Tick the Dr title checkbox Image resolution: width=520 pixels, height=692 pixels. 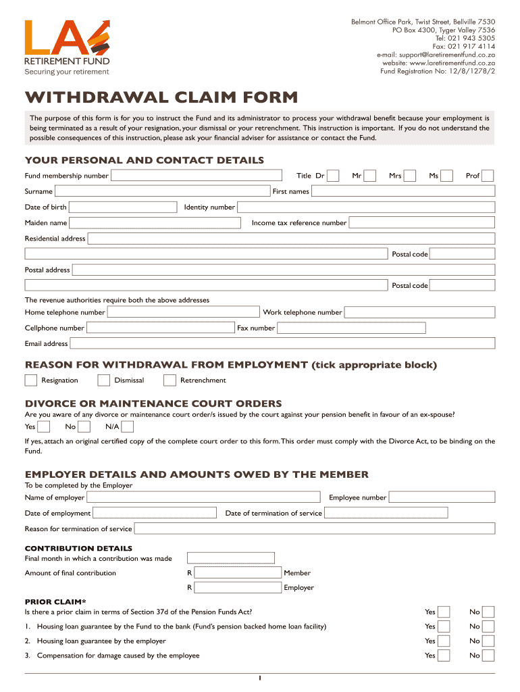(x=332, y=176)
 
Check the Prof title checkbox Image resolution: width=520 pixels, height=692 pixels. (x=487, y=176)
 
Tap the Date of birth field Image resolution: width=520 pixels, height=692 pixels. (x=124, y=207)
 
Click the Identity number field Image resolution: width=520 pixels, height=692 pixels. (x=367, y=207)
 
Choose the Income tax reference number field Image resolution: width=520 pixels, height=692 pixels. (x=422, y=222)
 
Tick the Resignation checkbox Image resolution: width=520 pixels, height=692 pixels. (x=31, y=380)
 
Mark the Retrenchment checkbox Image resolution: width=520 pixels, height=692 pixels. (x=170, y=380)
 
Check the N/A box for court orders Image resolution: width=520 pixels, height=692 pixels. (x=127, y=426)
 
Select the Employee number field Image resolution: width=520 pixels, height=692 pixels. (x=442, y=498)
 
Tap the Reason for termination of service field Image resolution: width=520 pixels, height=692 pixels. (x=314, y=528)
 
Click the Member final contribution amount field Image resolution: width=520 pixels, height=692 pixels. (x=238, y=573)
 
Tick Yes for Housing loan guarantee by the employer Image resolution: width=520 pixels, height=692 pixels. (x=444, y=641)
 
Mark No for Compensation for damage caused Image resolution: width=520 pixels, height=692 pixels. (x=488, y=656)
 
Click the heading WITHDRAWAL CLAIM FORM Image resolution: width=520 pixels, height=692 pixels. (x=161, y=97)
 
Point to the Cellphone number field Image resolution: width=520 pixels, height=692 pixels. (x=161, y=328)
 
